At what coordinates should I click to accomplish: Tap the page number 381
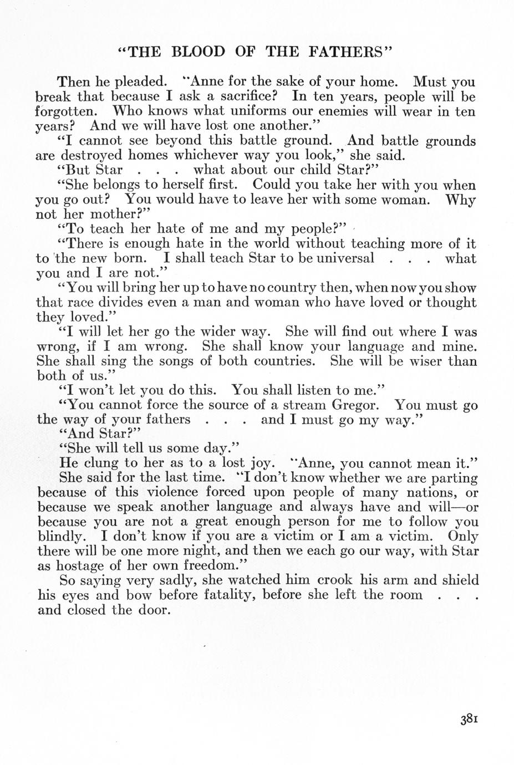click(x=469, y=719)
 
